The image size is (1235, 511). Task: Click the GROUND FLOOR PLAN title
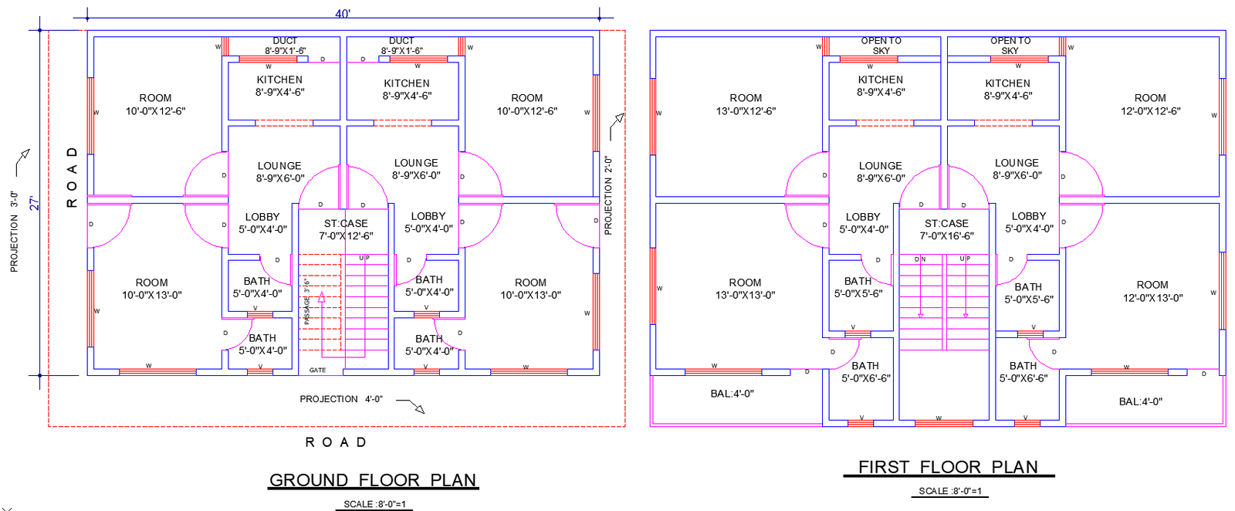click(x=373, y=480)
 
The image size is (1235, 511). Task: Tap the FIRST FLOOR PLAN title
click(x=948, y=467)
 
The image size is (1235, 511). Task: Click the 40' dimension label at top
click(x=343, y=14)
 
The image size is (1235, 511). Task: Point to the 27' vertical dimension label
click(x=34, y=203)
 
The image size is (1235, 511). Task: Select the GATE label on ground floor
click(x=317, y=371)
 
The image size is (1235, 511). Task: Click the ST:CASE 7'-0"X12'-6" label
click(x=346, y=229)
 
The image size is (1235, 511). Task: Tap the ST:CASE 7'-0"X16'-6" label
click(x=946, y=229)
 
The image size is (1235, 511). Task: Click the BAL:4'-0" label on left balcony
click(x=732, y=394)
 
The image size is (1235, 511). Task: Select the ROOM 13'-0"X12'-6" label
click(x=746, y=104)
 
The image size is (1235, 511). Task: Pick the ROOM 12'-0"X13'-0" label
click(x=1152, y=291)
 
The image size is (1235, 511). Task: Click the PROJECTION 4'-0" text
click(x=341, y=399)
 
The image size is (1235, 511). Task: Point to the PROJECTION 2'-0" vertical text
click(x=608, y=195)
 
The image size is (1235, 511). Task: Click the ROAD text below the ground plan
click(x=336, y=442)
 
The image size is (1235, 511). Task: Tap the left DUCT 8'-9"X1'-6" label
click(x=285, y=46)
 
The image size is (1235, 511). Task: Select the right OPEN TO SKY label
click(x=1010, y=46)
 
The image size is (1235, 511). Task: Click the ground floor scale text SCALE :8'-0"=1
click(x=374, y=504)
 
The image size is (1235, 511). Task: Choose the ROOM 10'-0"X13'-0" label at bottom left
click(x=151, y=289)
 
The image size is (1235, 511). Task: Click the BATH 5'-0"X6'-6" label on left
click(x=865, y=372)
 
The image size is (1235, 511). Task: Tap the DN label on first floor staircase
click(x=920, y=259)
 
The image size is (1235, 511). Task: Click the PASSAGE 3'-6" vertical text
click(x=306, y=301)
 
